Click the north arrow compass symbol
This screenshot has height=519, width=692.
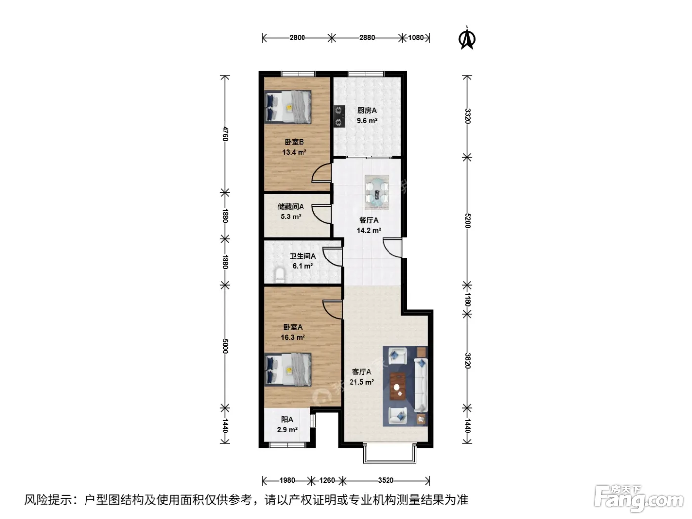tap(467, 38)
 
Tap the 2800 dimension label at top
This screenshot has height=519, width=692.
tap(297, 38)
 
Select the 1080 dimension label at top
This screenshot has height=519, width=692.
tap(416, 38)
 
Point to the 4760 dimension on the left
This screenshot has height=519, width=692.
tap(225, 133)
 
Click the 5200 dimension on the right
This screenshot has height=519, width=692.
tap(467, 220)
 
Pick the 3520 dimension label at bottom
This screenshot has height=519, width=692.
tap(386, 480)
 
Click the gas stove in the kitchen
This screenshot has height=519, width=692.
tap(339, 116)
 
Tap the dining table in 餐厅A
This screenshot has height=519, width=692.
tap(377, 193)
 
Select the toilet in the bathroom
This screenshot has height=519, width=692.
tap(280, 275)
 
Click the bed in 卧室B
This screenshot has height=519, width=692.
tap(288, 106)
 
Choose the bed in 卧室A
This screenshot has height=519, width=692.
tap(288, 369)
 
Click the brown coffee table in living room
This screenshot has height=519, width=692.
tap(398, 387)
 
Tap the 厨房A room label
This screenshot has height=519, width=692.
tap(367, 110)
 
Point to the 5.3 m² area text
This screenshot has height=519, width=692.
tap(291, 217)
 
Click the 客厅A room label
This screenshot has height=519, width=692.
tap(362, 372)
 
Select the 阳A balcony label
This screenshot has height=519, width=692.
tap(287, 420)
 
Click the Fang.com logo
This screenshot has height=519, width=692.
tap(639, 499)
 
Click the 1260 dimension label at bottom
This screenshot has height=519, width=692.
tap(327, 480)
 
